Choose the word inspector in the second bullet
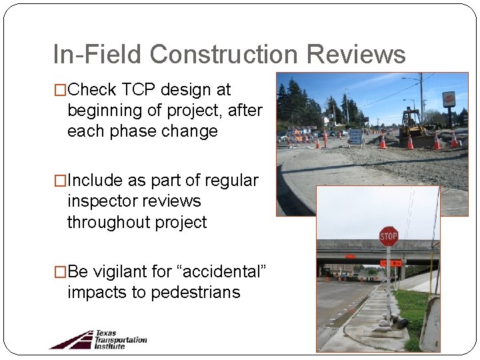pyautogui.click(x=101, y=201)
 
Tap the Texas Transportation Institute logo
pyautogui.click(x=98, y=339)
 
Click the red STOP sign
pyautogui.click(x=389, y=236)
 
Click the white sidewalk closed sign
pyautogui.click(x=355, y=136)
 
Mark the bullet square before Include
pyautogui.click(x=61, y=181)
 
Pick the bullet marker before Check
pyautogui.click(x=61, y=89)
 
